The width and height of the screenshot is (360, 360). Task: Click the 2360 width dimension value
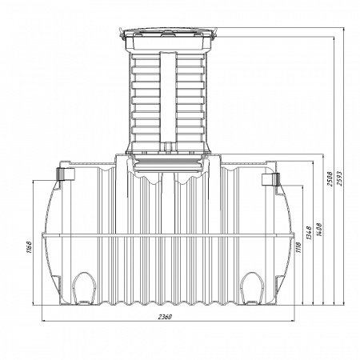pos(165,317)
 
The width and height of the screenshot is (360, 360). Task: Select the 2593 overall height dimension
pos(340,178)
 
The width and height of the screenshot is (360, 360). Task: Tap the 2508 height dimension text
pos(330,178)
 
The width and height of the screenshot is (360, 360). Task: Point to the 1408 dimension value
pos(319,230)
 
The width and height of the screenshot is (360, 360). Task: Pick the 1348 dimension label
pos(309,233)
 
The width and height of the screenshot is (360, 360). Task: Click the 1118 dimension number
pos(298,248)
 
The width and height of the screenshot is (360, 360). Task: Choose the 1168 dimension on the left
pos(29,247)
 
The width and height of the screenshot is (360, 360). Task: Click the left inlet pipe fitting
pos(65,174)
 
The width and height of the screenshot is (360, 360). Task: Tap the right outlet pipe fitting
pos(270,179)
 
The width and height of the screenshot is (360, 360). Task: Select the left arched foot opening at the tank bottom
pos(84,288)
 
